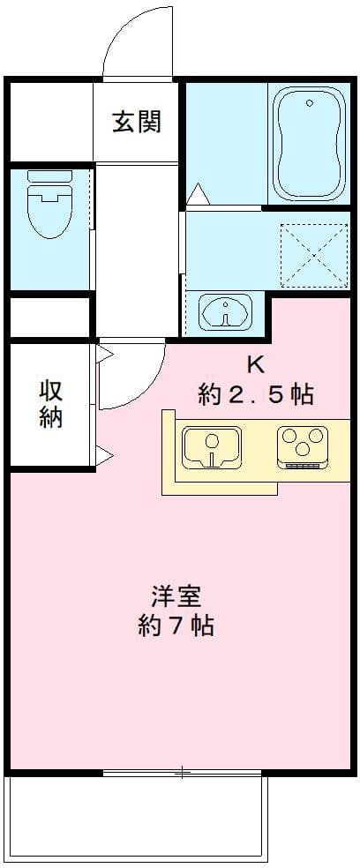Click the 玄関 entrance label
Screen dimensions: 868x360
(137, 122)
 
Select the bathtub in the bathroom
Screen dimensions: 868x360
(309, 145)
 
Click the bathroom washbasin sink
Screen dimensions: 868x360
(225, 311)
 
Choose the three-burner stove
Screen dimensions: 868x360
(303, 446)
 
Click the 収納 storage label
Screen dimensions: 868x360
(50, 403)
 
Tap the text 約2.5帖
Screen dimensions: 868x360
(255, 394)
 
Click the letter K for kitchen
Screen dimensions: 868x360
(255, 363)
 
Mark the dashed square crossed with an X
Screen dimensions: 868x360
(313, 255)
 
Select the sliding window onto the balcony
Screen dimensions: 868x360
(181, 774)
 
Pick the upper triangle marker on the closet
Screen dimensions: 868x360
(104, 355)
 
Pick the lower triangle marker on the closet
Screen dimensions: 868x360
(104, 456)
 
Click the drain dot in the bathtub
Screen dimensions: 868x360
(309, 104)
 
